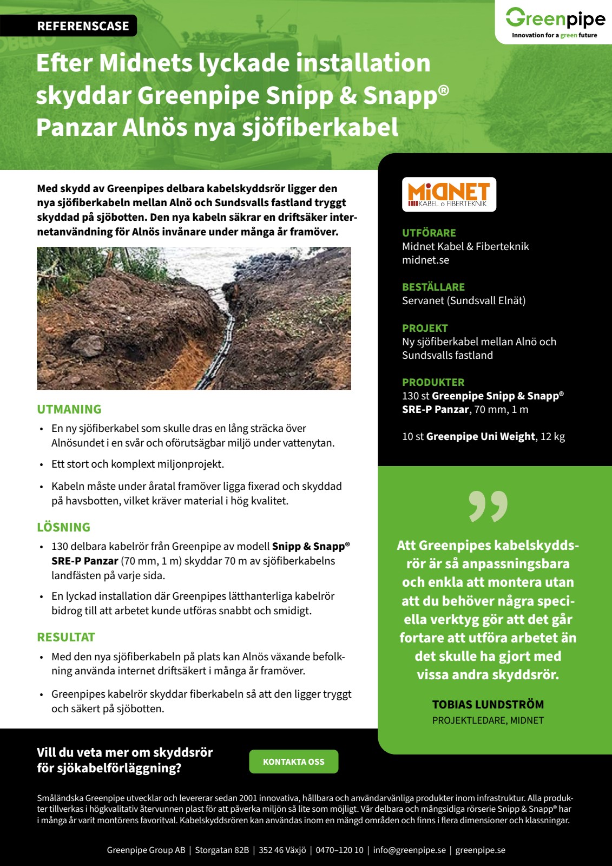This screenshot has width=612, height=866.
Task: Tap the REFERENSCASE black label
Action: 83,26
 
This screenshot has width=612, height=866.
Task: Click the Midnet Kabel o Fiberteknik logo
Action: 449,194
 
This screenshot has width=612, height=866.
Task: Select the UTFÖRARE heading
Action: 429,233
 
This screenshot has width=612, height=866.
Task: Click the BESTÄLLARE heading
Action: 433,287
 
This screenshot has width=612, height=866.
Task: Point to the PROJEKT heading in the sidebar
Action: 425,328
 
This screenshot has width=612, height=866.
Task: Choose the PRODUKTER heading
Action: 433,382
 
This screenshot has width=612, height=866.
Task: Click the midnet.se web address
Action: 425,260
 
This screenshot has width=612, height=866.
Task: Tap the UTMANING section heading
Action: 69,409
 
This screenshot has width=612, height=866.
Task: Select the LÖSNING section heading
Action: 63,527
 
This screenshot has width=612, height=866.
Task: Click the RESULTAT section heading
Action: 66,637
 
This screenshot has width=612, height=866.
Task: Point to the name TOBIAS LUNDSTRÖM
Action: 488,705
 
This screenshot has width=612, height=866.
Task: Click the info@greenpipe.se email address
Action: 409,850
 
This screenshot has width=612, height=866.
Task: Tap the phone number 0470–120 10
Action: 339,850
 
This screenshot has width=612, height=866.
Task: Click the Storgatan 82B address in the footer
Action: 222,850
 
